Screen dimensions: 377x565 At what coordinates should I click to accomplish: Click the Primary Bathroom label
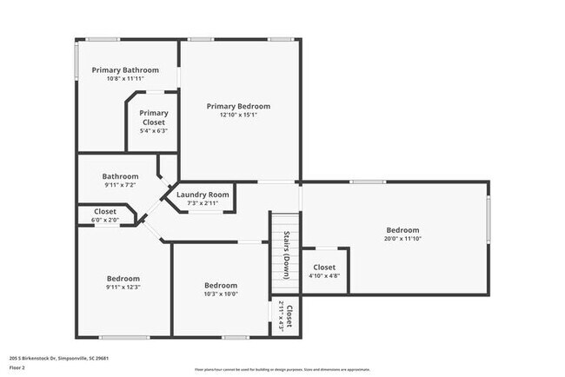pyautogui.click(x=126, y=69)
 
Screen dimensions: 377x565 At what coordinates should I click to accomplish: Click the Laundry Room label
pyautogui.click(x=203, y=195)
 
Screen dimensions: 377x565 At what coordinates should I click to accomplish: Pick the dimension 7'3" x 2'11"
pyautogui.click(x=203, y=203)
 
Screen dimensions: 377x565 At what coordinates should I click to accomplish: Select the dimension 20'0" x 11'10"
pyautogui.click(x=403, y=239)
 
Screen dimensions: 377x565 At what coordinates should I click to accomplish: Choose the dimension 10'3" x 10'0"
pyautogui.click(x=221, y=294)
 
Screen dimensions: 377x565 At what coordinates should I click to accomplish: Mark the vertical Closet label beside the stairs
pyautogui.click(x=289, y=318)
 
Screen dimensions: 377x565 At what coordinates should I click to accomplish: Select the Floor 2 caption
pyautogui.click(x=17, y=367)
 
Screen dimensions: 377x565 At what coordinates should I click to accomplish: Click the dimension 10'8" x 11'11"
pyautogui.click(x=126, y=79)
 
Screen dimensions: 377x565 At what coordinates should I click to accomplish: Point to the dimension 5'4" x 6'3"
pyautogui.click(x=154, y=131)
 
